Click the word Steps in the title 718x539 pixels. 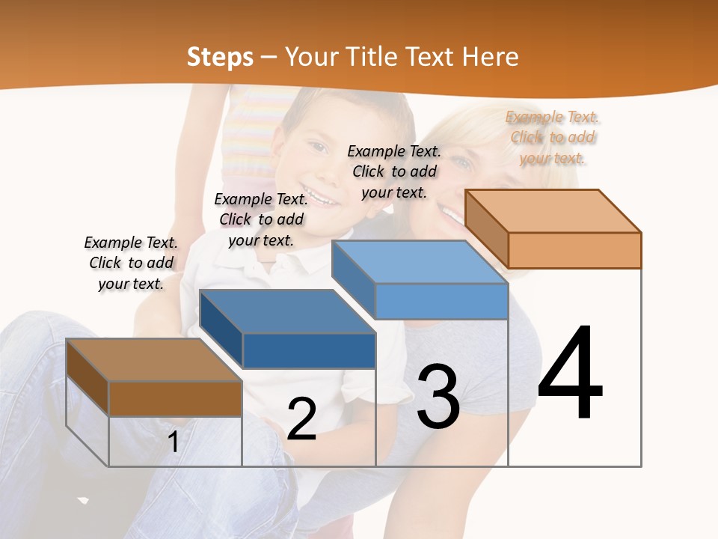click(220, 57)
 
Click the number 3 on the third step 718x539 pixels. click(438, 397)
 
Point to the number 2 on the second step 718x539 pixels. click(301, 419)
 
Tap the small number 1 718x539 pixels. click(174, 442)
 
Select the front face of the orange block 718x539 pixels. click(574, 250)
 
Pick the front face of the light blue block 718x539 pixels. click(441, 301)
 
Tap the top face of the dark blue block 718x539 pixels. click(288, 311)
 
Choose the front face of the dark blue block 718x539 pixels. click(309, 350)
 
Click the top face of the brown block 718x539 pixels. click(154, 360)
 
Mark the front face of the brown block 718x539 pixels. click(175, 398)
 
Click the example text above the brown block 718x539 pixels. click(131, 263)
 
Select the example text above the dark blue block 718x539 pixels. click(261, 219)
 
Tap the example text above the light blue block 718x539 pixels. click(394, 171)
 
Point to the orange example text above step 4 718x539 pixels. click(553, 137)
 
